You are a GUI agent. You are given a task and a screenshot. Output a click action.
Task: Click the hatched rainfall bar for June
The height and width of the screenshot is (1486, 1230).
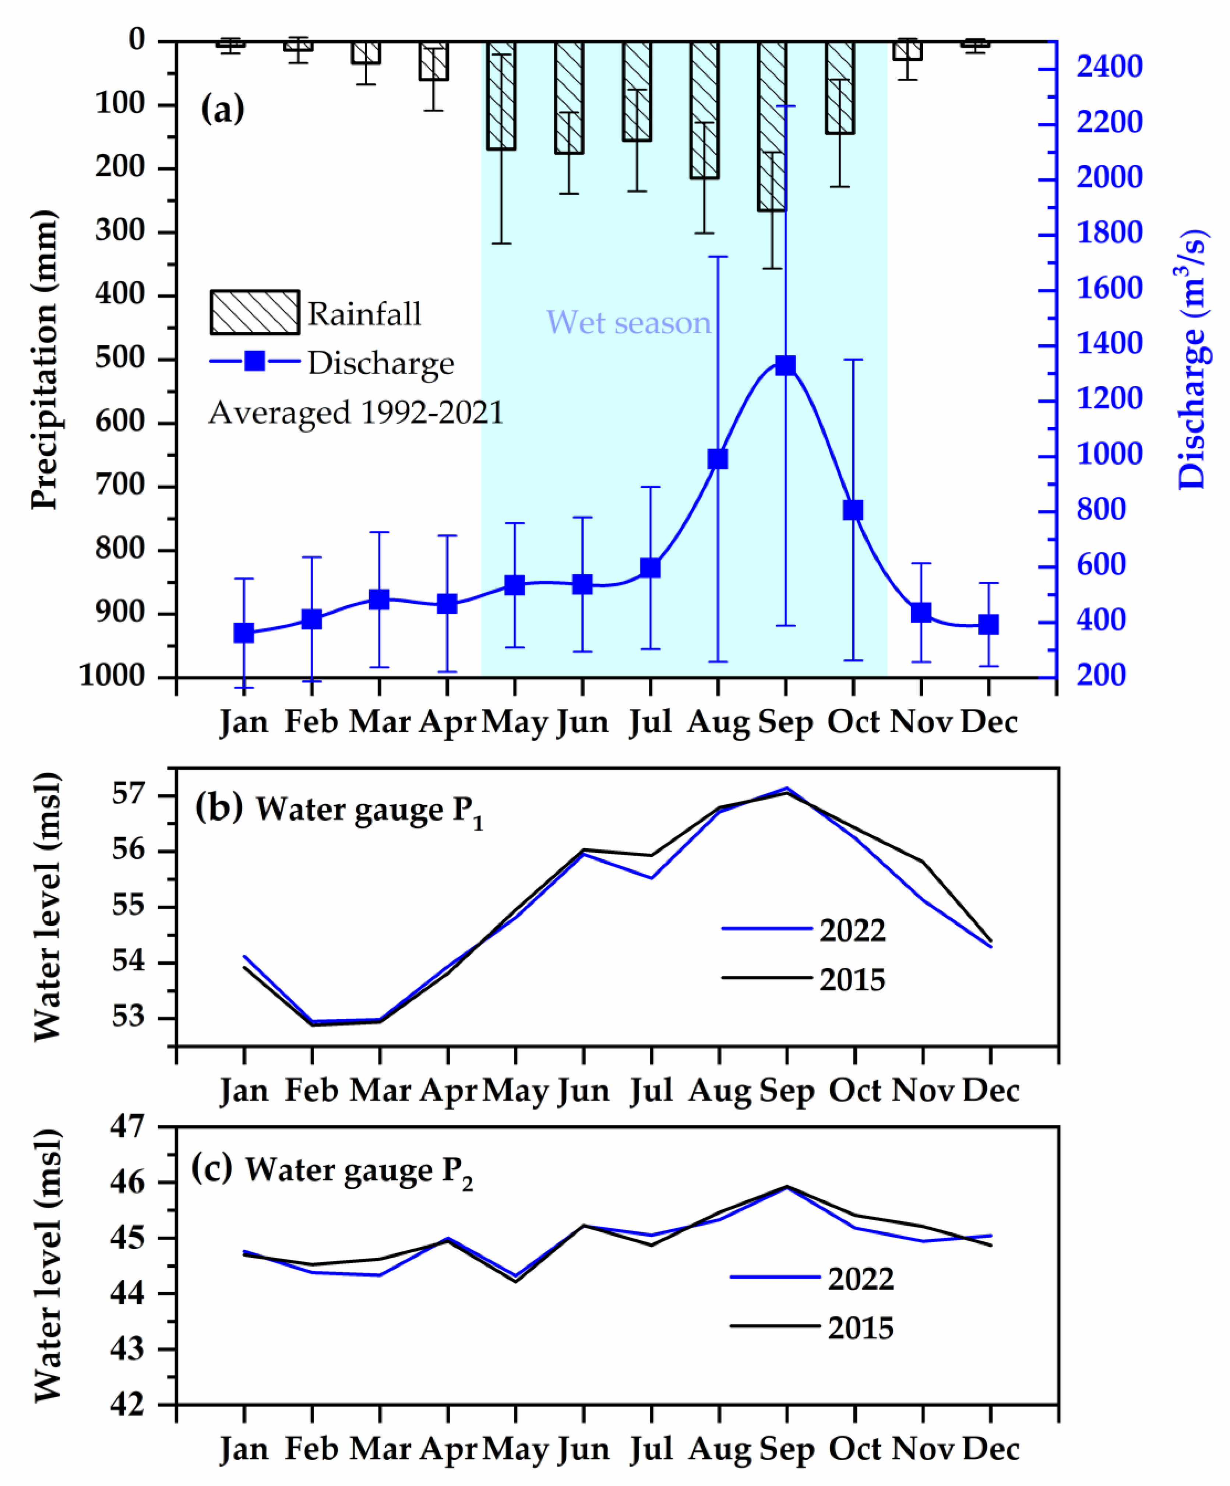(569, 98)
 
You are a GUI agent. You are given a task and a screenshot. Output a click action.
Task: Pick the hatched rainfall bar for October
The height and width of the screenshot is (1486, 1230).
(840, 88)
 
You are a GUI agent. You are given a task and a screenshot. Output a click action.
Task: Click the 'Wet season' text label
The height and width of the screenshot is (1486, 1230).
(628, 323)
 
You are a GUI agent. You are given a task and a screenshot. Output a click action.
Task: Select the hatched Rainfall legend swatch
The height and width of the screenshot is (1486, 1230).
(255, 312)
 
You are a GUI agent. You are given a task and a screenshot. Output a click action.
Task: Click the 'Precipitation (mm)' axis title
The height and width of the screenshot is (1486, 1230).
(44, 359)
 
